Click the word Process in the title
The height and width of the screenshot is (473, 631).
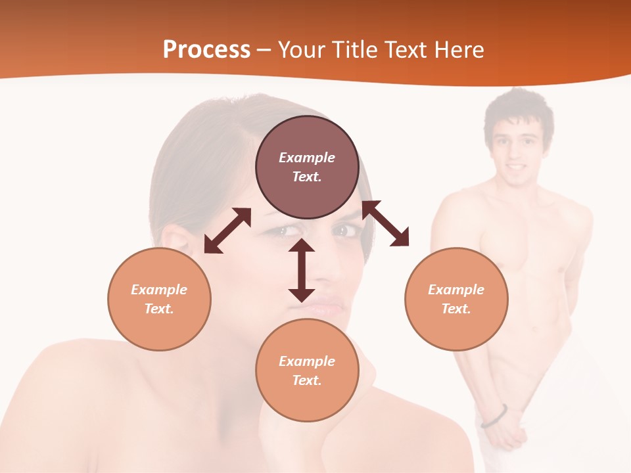tap(206, 50)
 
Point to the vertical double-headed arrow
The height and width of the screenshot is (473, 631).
tap(302, 271)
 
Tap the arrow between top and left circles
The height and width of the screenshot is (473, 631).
tap(227, 231)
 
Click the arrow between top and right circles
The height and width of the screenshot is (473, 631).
tap(386, 223)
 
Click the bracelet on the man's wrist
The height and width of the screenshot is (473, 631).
tap(494, 416)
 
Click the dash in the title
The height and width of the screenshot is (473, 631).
tap(264, 50)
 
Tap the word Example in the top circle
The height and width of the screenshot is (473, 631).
tap(307, 158)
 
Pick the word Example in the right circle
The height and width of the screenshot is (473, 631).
tap(456, 290)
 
